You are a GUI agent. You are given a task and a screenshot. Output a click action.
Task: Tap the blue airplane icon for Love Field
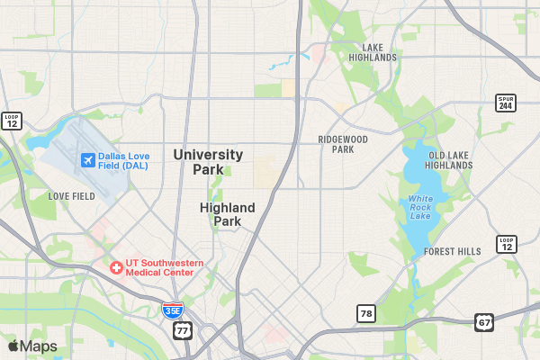(x=87, y=160)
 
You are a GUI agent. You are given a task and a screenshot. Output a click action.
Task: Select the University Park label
(x=208, y=162)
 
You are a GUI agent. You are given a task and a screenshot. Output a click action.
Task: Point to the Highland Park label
(x=227, y=214)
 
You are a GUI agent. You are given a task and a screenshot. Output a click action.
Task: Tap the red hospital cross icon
(x=115, y=267)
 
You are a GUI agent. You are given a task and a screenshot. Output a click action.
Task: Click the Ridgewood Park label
(x=343, y=144)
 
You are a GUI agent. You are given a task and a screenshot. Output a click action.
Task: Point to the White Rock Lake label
(x=420, y=207)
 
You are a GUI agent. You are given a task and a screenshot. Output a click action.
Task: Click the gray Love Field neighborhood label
(x=71, y=196)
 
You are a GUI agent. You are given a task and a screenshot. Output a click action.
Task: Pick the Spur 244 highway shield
(x=506, y=103)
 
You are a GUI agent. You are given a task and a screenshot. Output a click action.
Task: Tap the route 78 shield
(x=365, y=313)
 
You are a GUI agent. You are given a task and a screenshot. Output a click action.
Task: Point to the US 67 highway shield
(x=484, y=322)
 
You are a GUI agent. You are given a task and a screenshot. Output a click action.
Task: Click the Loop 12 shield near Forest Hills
(x=507, y=244)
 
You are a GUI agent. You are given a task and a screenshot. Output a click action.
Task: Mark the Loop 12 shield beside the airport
(x=11, y=120)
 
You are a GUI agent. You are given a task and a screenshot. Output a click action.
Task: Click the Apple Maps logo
(x=32, y=346)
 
